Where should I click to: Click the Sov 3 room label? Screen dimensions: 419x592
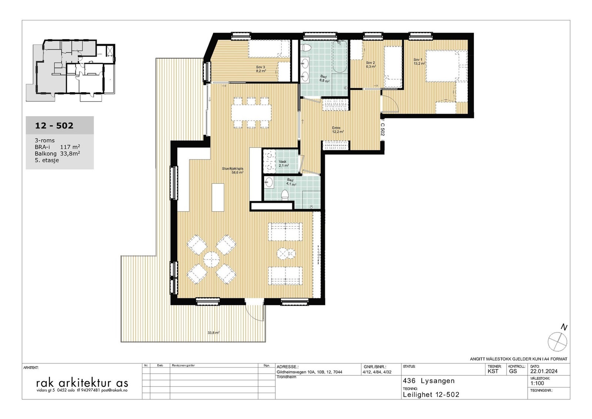pyautogui.click(x=260, y=68)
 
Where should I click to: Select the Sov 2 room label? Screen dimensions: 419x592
pyautogui.click(x=371, y=64)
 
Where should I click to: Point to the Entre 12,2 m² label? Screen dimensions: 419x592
pyautogui.click(x=338, y=130)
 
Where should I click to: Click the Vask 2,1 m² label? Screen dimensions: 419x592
pyautogui.click(x=283, y=163)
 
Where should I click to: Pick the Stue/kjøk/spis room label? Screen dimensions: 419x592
pyautogui.click(x=232, y=170)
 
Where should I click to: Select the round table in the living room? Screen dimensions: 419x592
pyautogui.click(x=212, y=259)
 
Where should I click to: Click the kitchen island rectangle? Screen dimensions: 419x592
pyautogui.click(x=218, y=197)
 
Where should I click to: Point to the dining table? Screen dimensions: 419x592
pyautogui.click(x=252, y=113)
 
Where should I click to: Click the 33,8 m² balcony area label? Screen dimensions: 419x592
pyautogui.click(x=213, y=333)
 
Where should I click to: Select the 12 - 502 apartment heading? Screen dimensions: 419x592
pyautogui.click(x=54, y=125)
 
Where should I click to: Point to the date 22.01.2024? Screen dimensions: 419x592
pyautogui.click(x=544, y=371)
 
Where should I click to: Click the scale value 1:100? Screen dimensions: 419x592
pyautogui.click(x=537, y=383)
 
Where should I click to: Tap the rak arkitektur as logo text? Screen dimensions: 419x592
pyautogui.click(x=82, y=383)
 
